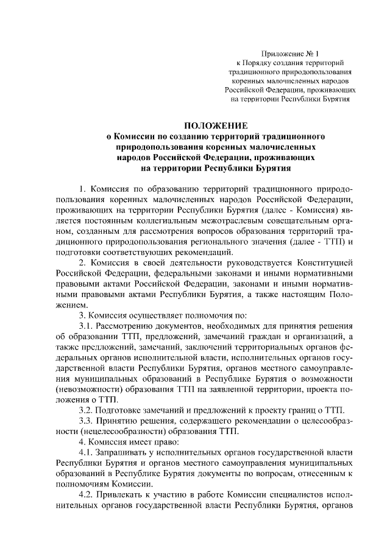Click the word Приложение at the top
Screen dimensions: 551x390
point(278,53)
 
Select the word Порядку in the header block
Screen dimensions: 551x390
point(264,62)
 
